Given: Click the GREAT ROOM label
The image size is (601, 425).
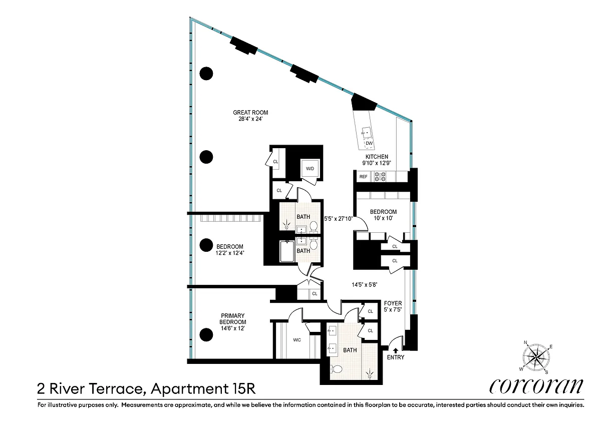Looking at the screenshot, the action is tap(250, 113).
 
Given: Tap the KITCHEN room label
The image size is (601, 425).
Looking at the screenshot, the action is tap(377, 157).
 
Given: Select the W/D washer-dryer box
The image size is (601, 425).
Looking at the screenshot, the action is tap(310, 168).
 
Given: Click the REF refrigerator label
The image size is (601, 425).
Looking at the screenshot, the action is tap(363, 177).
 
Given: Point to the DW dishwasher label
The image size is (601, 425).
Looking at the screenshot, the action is tap(369, 143).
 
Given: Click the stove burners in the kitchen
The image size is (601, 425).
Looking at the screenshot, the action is tap(380, 176).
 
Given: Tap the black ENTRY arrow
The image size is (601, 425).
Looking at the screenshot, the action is tap(396, 350).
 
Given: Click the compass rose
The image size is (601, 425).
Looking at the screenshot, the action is tap(536, 357).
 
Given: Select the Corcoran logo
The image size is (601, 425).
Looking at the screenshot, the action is tap(536, 386).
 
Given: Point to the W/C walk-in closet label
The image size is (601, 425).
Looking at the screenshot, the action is tap(296, 340).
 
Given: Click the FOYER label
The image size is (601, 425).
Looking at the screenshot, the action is tap(393, 303).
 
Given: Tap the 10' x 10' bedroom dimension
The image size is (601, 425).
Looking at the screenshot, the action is tap(383, 218).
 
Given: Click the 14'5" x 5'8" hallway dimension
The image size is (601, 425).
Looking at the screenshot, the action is tap(365, 284).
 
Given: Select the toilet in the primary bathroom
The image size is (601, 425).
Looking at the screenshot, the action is tap(336, 369).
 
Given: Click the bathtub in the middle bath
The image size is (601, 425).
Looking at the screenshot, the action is tap(287, 251).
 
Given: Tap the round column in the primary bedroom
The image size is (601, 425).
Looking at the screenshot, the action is tap(206, 334).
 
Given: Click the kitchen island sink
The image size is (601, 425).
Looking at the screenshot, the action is tap(365, 132).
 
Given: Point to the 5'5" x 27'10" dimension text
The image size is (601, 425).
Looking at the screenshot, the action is tap(338, 219).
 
